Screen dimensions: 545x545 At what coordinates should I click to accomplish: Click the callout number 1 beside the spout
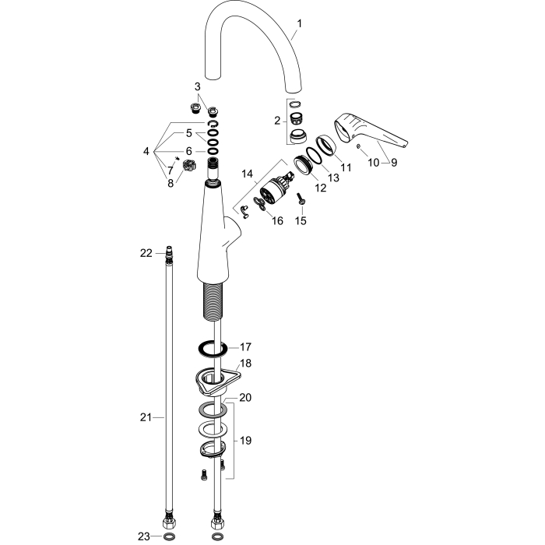(299, 24)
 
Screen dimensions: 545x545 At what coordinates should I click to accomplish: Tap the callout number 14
(247, 174)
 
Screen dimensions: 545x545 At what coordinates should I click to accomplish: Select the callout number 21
(146, 417)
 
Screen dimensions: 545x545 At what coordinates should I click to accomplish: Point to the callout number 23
(144, 536)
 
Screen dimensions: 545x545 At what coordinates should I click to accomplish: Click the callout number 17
(245, 347)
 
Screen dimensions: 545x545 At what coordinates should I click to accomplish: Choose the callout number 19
(245, 441)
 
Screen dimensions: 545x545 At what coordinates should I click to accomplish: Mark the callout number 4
(146, 151)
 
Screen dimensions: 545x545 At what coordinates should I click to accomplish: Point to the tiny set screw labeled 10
(358, 146)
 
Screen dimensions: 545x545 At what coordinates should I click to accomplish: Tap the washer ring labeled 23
(169, 536)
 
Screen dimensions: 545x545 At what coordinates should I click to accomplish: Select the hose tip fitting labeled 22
(169, 251)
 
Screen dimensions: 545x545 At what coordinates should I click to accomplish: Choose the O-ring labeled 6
(212, 151)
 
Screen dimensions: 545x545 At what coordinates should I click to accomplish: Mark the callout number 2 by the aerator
(277, 121)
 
